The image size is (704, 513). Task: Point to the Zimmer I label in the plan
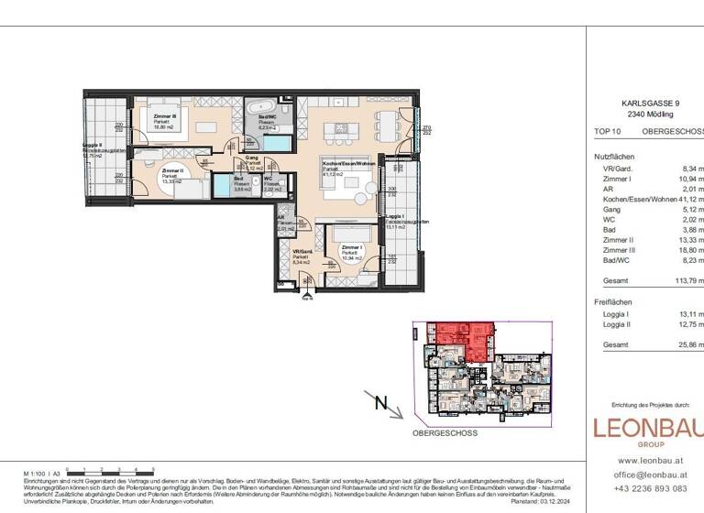(x=353, y=247)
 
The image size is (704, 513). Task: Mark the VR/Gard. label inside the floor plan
(x=302, y=252)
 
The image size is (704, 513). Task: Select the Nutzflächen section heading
(x=614, y=157)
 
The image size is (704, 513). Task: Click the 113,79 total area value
(x=687, y=282)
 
